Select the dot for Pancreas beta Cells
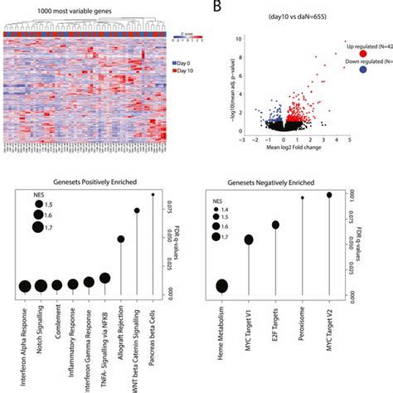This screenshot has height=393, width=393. point(153,194)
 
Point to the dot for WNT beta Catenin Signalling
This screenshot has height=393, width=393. point(137,211)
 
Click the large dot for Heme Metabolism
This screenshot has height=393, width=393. point(222,286)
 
